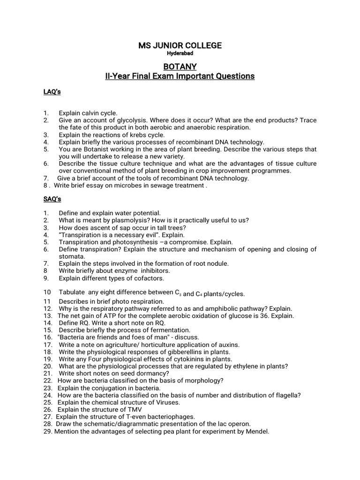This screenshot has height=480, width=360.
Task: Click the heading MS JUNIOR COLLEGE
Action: tap(180, 45)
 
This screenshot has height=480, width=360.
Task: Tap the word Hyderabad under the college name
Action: tap(180, 53)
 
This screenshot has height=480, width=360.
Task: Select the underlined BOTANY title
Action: tap(180, 67)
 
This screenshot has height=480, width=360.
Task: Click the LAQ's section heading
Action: tap(52, 92)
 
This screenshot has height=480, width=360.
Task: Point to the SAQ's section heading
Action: tap(52, 199)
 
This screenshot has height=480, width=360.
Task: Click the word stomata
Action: tap(72, 256)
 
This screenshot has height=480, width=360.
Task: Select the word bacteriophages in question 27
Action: tap(171, 417)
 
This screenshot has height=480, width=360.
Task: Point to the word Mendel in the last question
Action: tap(257, 431)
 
